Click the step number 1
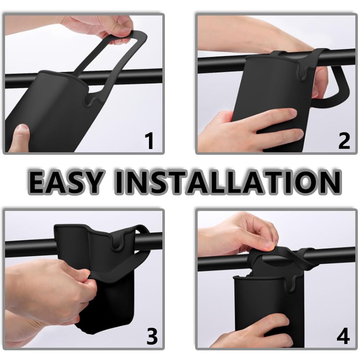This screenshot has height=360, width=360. [150, 141]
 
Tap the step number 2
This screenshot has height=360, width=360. [344, 141]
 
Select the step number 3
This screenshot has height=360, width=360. [152, 336]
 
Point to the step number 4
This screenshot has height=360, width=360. [343, 336]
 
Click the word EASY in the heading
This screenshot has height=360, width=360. [65, 182]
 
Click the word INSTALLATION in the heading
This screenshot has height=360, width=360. [228, 182]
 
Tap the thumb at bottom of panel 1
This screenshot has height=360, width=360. [20, 138]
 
